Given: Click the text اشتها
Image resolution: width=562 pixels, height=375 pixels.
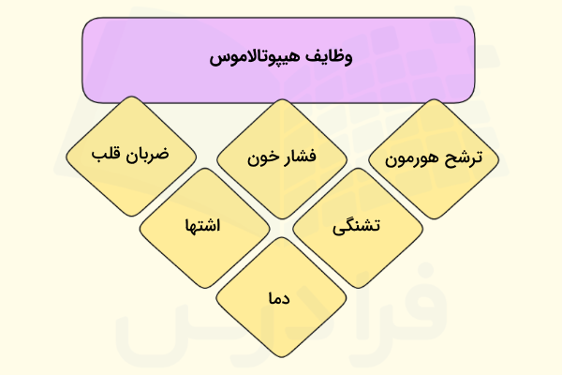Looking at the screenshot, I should click(203, 228).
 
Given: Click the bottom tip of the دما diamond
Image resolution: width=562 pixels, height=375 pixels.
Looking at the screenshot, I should click(278, 359).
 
